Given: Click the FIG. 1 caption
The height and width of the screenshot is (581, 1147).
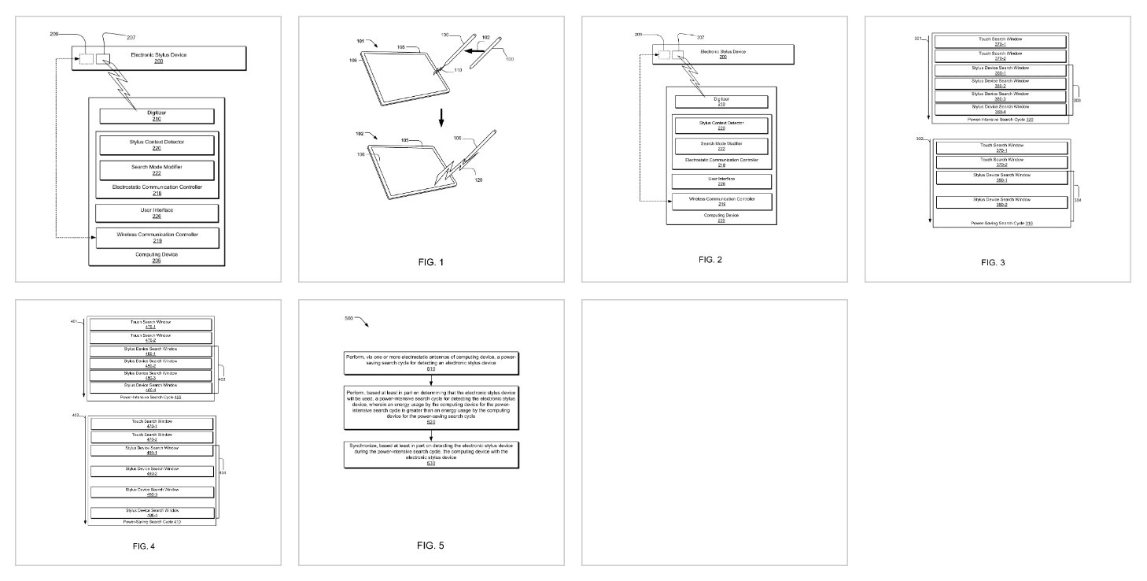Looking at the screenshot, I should (431, 261).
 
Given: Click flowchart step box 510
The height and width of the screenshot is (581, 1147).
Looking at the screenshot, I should (431, 362).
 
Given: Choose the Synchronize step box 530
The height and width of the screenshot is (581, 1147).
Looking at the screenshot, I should (431, 454).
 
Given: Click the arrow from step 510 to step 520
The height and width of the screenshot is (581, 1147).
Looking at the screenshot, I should (431, 380).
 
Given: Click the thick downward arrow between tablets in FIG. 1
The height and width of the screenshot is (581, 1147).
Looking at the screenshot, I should (441, 117).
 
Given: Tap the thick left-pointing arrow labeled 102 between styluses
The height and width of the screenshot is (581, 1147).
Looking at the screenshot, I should (473, 50).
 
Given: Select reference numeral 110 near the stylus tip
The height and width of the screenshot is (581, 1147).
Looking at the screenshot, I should (448, 70).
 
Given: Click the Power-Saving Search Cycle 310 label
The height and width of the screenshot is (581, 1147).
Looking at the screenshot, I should (1001, 224).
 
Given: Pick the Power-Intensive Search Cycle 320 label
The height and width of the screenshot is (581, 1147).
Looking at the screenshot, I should (1001, 119).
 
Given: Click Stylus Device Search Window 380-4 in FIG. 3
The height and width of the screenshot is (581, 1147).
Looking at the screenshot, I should (999, 109).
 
